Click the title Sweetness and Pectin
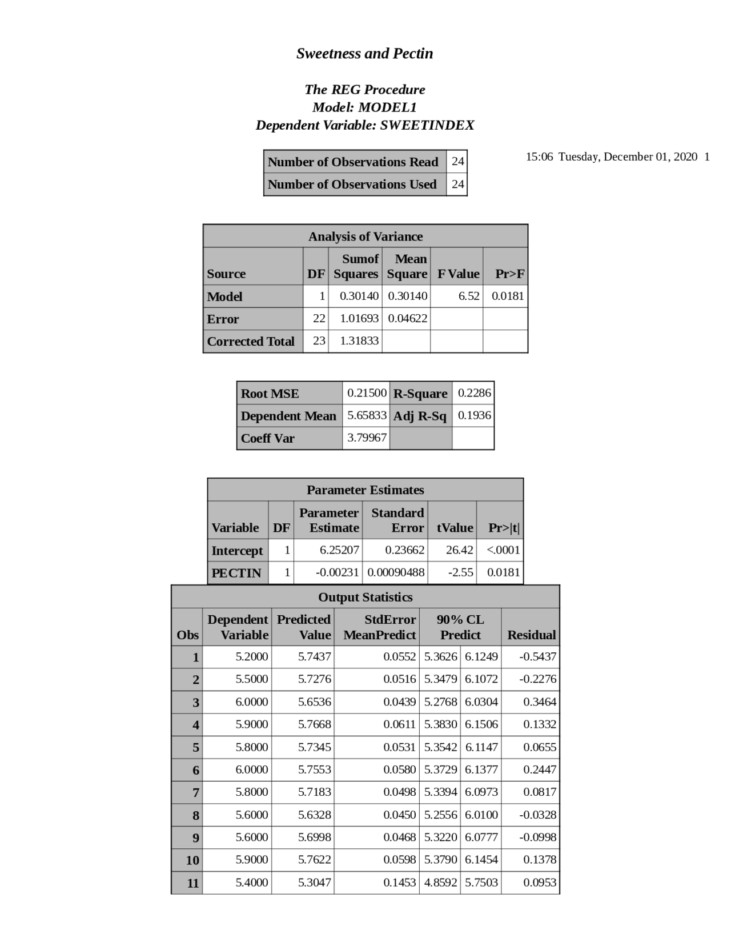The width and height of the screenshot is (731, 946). point(364,54)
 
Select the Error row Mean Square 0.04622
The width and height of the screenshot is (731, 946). point(407,318)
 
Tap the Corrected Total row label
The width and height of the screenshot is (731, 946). point(251,341)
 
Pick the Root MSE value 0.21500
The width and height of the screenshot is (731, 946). point(367,393)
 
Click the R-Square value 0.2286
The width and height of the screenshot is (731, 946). point(474,393)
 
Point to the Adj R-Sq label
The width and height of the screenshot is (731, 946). point(420,416)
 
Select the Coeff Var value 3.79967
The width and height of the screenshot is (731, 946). point(367,438)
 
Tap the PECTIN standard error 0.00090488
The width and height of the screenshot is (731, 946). point(396,572)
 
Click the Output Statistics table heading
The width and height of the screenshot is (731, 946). point(365,597)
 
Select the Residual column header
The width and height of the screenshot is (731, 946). point(531,635)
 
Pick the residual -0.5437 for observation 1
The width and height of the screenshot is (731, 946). point(537,656)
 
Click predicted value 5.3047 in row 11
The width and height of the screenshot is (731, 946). point(314,882)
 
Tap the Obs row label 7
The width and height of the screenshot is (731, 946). point(195,792)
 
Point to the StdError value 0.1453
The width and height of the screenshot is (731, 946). point(399,882)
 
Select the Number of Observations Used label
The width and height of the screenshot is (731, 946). point(352,185)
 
